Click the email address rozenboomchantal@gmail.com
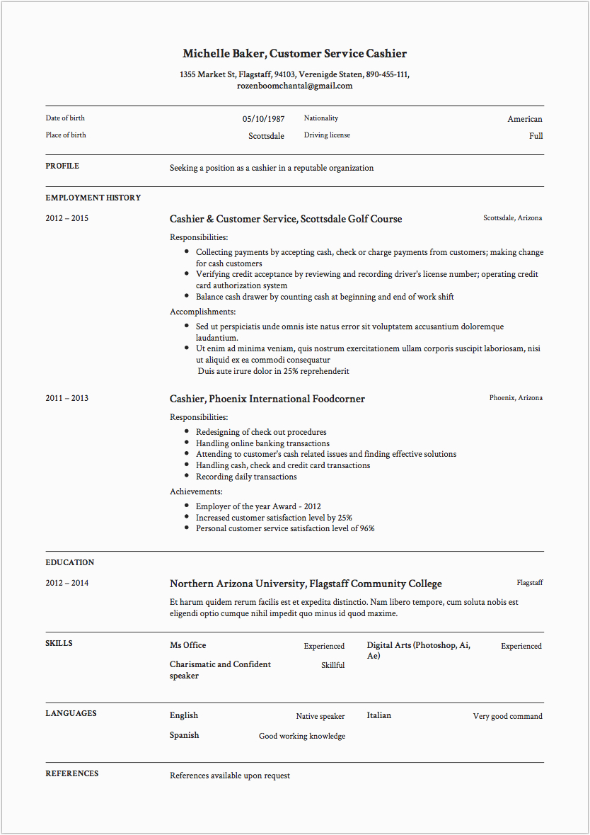294,86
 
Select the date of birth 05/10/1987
263,119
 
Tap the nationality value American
524,119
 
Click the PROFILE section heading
62,166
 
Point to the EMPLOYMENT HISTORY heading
93,198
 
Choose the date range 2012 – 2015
67,218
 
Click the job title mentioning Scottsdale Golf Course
286,219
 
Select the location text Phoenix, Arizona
516,398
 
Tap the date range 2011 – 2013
67,398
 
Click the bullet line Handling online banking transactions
262,443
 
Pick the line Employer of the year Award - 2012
258,506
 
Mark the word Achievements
196,492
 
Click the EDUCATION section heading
70,562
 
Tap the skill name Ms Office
188,645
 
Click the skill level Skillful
332,665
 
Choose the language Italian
378,715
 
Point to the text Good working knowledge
302,736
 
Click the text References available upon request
230,776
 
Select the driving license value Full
536,136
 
